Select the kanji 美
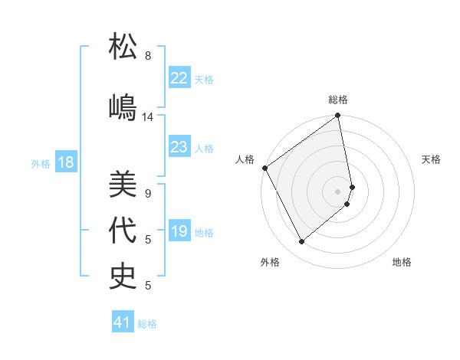pyautogui.click(x=123, y=185)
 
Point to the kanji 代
pyautogui.click(x=123, y=231)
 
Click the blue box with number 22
pyautogui.click(x=179, y=78)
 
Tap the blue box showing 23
pyautogui.click(x=179, y=148)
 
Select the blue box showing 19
pyautogui.click(x=179, y=232)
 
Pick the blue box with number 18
pyautogui.click(x=65, y=163)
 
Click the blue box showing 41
pyautogui.click(x=123, y=323)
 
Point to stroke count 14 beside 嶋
pyautogui.click(x=148, y=117)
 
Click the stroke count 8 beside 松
pyautogui.click(x=148, y=56)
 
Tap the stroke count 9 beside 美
pyautogui.click(x=148, y=194)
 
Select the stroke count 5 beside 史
pyautogui.click(x=148, y=286)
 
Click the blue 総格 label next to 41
pyautogui.click(x=147, y=324)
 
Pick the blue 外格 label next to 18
pyautogui.click(x=40, y=164)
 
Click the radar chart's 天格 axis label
pyautogui.click(x=432, y=159)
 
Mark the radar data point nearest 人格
pyautogui.click(x=264, y=168)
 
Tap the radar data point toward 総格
pyautogui.click(x=337, y=116)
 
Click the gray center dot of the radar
pyautogui.click(x=337, y=191)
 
